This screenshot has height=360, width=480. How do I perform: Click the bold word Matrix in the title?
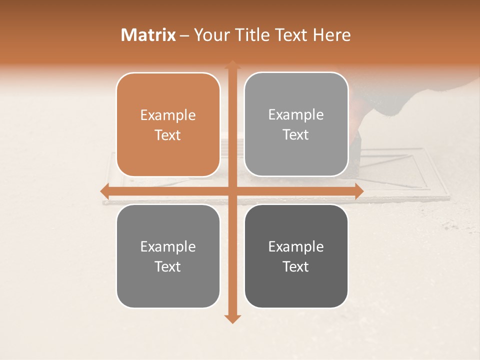click(148, 35)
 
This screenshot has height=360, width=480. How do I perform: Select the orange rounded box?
click(168, 124)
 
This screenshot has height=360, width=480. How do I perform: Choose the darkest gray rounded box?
click(296, 256)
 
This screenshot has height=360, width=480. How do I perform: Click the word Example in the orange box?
click(168, 115)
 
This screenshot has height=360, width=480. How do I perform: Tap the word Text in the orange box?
click(168, 135)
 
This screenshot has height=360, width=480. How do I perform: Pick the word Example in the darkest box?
click(296, 246)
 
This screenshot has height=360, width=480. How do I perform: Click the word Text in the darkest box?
click(296, 266)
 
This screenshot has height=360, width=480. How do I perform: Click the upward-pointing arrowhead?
click(232, 64)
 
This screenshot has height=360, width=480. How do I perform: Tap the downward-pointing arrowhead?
click(232, 319)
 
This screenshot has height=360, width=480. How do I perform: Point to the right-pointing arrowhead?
click(358, 191)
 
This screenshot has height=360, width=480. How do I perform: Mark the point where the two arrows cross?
click(232, 191)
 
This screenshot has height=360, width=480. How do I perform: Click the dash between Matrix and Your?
click(184, 35)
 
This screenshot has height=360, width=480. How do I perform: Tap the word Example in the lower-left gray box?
click(168, 246)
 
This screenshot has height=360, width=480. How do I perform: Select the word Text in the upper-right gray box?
click(296, 134)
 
